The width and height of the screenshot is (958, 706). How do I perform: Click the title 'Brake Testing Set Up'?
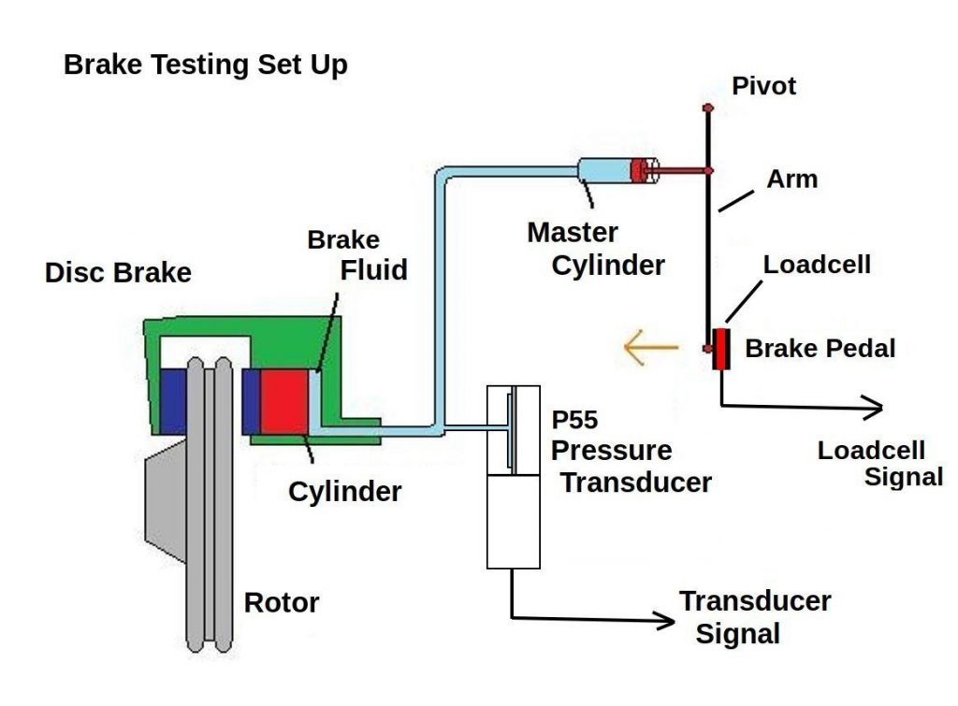click(205, 65)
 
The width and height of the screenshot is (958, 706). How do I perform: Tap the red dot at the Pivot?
click(709, 109)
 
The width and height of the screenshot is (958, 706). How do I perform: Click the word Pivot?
click(763, 87)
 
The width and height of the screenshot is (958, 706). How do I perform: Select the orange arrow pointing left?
click(650, 350)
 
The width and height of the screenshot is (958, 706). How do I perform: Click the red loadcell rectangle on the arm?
click(720, 349)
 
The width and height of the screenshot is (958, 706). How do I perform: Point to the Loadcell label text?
click(817, 265)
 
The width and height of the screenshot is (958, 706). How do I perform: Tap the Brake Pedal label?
click(820, 350)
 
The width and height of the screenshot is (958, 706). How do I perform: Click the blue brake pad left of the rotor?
click(173, 401)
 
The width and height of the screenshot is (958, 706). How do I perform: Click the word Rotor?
click(281, 603)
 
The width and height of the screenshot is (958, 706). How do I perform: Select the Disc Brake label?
click(118, 273)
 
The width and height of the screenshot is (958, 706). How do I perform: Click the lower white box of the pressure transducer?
click(514, 521)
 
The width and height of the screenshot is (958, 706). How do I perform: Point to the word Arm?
click(791, 179)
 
